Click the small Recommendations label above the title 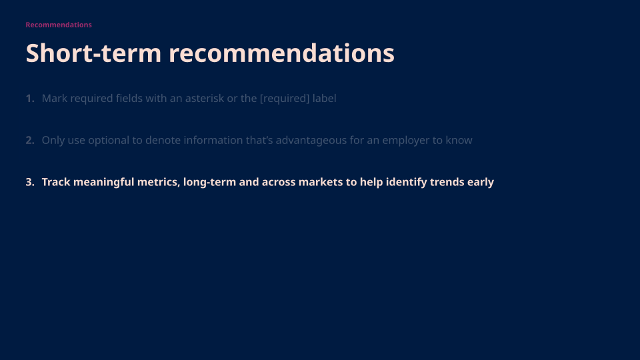pyautogui.click(x=59, y=25)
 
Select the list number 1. pyautogui.click(x=29, y=99)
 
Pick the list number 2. pyautogui.click(x=29, y=141)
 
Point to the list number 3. pyautogui.click(x=29, y=182)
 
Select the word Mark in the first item pyautogui.click(x=54, y=99)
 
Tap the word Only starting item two pyautogui.click(x=53, y=141)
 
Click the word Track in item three pyautogui.click(x=56, y=182)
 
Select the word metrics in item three pyautogui.click(x=159, y=182)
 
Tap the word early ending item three pyautogui.click(x=481, y=182)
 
